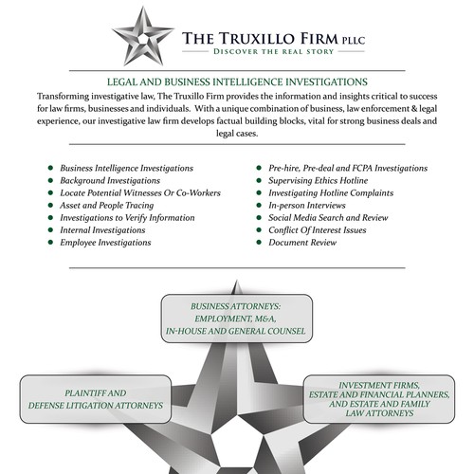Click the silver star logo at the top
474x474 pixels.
(x=143, y=36)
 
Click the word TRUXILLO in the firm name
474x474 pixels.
(x=257, y=39)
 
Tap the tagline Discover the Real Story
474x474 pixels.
(x=273, y=51)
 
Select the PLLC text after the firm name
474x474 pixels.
(x=354, y=41)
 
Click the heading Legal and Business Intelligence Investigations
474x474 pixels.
(x=237, y=82)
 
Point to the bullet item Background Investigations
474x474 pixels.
(x=110, y=181)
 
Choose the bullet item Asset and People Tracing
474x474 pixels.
(x=107, y=206)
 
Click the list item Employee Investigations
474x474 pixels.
(x=105, y=243)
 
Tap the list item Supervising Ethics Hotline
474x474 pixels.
(x=319, y=181)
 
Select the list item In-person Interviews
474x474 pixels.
(x=307, y=206)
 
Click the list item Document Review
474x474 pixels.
(x=302, y=243)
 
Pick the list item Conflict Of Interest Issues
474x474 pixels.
(x=318, y=230)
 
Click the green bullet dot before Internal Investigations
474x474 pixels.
(x=50, y=230)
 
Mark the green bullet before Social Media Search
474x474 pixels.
(x=259, y=218)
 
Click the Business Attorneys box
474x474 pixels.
(x=237, y=319)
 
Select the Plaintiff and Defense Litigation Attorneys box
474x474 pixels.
(x=96, y=399)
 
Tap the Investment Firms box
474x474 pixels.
(x=379, y=399)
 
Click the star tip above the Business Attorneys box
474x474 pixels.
(x=236, y=281)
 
